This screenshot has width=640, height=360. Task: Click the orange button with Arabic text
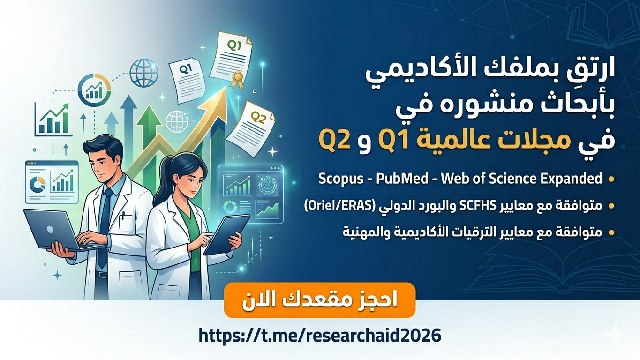[320, 300]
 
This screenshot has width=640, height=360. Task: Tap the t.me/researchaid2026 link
[320, 336]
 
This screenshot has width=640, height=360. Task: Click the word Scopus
[341, 179]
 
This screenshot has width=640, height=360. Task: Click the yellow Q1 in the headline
[393, 141]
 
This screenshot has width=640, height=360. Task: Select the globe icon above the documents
[144, 73]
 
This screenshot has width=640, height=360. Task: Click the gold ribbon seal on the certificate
[236, 78]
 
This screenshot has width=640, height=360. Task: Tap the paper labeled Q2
[251, 129]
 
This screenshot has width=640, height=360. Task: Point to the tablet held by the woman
[226, 234]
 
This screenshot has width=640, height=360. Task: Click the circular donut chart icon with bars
[95, 90]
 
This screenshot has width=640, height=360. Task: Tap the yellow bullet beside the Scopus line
[611, 179]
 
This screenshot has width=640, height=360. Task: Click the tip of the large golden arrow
[226, 88]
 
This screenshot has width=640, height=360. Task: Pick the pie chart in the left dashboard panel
[38, 184]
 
